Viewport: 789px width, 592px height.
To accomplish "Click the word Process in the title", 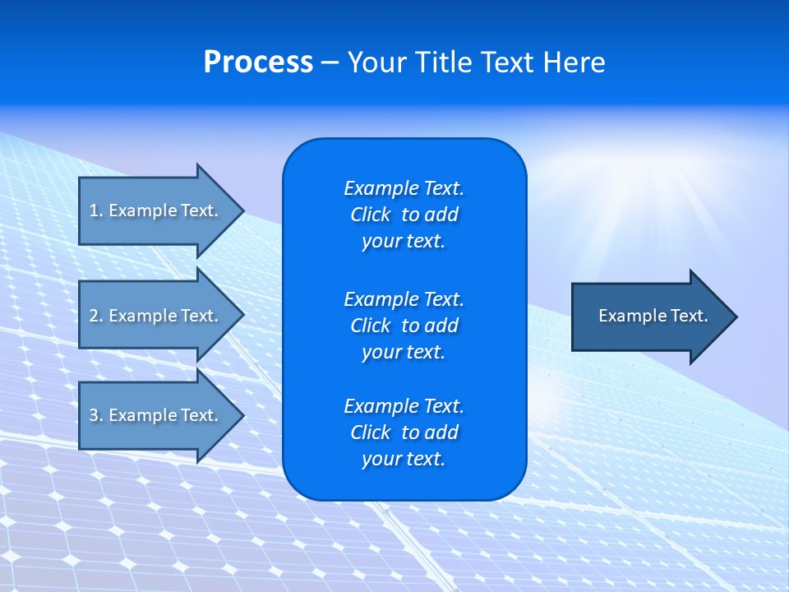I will [258, 62].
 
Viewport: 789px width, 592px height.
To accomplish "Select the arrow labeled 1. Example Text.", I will [154, 210].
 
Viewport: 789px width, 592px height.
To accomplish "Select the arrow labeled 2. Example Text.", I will [154, 316].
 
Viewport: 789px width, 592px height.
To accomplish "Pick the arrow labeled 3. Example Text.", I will [154, 415].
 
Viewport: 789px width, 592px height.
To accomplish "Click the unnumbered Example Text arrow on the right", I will [653, 317].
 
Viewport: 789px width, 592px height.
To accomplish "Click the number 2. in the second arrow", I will [96, 316].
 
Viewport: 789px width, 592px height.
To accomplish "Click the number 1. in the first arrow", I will [96, 210].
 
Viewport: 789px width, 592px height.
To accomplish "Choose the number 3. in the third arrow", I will [96, 415].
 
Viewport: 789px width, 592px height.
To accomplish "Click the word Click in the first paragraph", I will [370, 215].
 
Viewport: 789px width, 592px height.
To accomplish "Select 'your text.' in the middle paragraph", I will [403, 352].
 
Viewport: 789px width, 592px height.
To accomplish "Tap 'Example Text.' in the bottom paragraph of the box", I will [404, 406].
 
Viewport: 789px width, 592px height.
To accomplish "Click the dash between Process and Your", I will [330, 62].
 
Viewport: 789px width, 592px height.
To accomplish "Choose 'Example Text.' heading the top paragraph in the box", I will [404, 188].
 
